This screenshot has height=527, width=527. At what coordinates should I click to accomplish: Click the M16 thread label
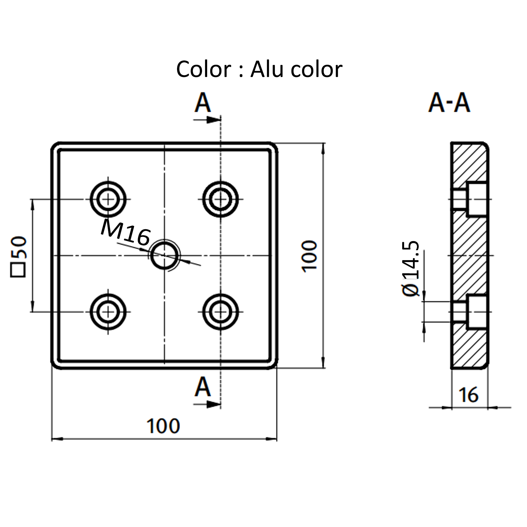126,233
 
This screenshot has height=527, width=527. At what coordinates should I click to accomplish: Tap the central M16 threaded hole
164,255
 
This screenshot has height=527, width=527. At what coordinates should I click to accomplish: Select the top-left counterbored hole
108,199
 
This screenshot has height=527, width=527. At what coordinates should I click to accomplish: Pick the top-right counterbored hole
221,199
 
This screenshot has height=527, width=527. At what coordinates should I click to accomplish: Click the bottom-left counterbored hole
108,312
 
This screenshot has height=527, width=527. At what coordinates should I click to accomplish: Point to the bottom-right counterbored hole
221,312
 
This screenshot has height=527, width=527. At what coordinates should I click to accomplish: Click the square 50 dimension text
19,256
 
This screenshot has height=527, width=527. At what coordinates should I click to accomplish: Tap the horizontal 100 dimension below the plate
163,426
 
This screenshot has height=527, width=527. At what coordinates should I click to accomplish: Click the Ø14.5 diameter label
410,268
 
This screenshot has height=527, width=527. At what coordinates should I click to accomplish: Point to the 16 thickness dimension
468,395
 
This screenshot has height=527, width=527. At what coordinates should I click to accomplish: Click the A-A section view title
449,103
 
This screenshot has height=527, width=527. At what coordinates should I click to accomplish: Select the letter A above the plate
203,103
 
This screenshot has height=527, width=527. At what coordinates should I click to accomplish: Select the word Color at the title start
204,69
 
